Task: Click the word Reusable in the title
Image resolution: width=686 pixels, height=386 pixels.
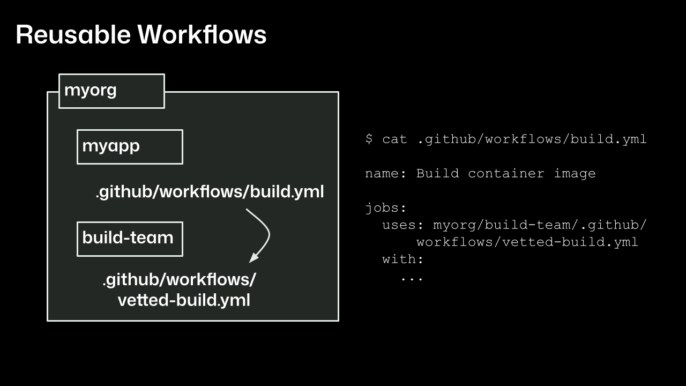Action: pyautogui.click(x=73, y=35)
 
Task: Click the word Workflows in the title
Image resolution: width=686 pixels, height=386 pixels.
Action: pyautogui.click(x=202, y=35)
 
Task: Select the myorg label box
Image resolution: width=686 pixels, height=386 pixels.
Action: pyautogui.click(x=111, y=91)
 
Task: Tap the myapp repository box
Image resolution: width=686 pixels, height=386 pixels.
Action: pyautogui.click(x=130, y=146)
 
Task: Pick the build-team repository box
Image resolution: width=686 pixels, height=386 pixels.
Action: pyautogui.click(x=130, y=239)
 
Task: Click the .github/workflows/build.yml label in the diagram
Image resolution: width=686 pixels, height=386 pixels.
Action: pyautogui.click(x=210, y=191)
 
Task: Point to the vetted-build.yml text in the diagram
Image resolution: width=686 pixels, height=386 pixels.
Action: pyautogui.click(x=184, y=300)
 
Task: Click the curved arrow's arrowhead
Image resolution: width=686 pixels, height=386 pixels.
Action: pyautogui.click(x=253, y=258)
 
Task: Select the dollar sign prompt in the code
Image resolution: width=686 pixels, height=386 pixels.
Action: pyautogui.click(x=369, y=139)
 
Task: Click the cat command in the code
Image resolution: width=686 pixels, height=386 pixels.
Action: pyautogui.click(x=394, y=139)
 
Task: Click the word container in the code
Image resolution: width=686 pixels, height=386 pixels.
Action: pyautogui.click(x=506, y=174)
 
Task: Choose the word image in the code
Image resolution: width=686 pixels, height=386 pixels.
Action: pyautogui.click(x=575, y=174)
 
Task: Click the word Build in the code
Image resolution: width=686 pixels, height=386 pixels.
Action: pyautogui.click(x=437, y=174)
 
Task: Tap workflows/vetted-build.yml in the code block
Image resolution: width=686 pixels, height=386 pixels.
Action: pyautogui.click(x=527, y=242)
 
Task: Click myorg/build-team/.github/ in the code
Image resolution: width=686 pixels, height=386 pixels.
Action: pyautogui.click(x=540, y=225)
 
